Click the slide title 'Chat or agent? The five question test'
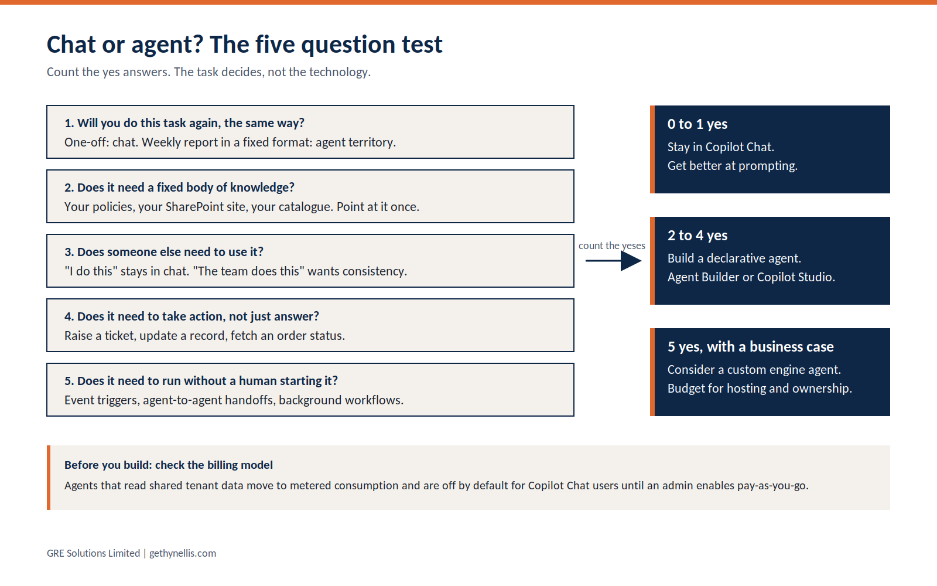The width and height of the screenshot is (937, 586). (x=244, y=45)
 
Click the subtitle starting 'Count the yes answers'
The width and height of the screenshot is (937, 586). (x=208, y=72)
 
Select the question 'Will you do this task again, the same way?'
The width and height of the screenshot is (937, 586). (x=184, y=123)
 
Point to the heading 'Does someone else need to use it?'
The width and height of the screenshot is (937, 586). (x=164, y=252)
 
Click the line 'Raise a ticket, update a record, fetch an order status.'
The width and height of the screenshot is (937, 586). (x=204, y=336)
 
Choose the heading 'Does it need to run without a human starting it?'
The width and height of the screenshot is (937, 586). (x=201, y=381)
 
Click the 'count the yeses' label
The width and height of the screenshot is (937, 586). (x=611, y=246)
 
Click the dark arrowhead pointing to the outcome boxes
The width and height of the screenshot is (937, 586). (x=631, y=261)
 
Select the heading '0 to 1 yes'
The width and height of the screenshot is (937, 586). (x=697, y=124)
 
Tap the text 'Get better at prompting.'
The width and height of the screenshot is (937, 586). (x=733, y=166)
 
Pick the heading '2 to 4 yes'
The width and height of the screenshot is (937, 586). (x=697, y=236)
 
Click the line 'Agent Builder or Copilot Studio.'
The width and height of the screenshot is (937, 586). (x=751, y=277)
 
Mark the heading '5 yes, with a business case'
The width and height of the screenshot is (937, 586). (x=750, y=347)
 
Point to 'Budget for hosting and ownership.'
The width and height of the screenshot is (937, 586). (x=760, y=389)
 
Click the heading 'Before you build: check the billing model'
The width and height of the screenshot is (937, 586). (x=169, y=465)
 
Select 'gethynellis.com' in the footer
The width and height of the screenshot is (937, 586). (x=183, y=553)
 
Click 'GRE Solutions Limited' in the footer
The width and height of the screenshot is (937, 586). (x=93, y=553)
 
